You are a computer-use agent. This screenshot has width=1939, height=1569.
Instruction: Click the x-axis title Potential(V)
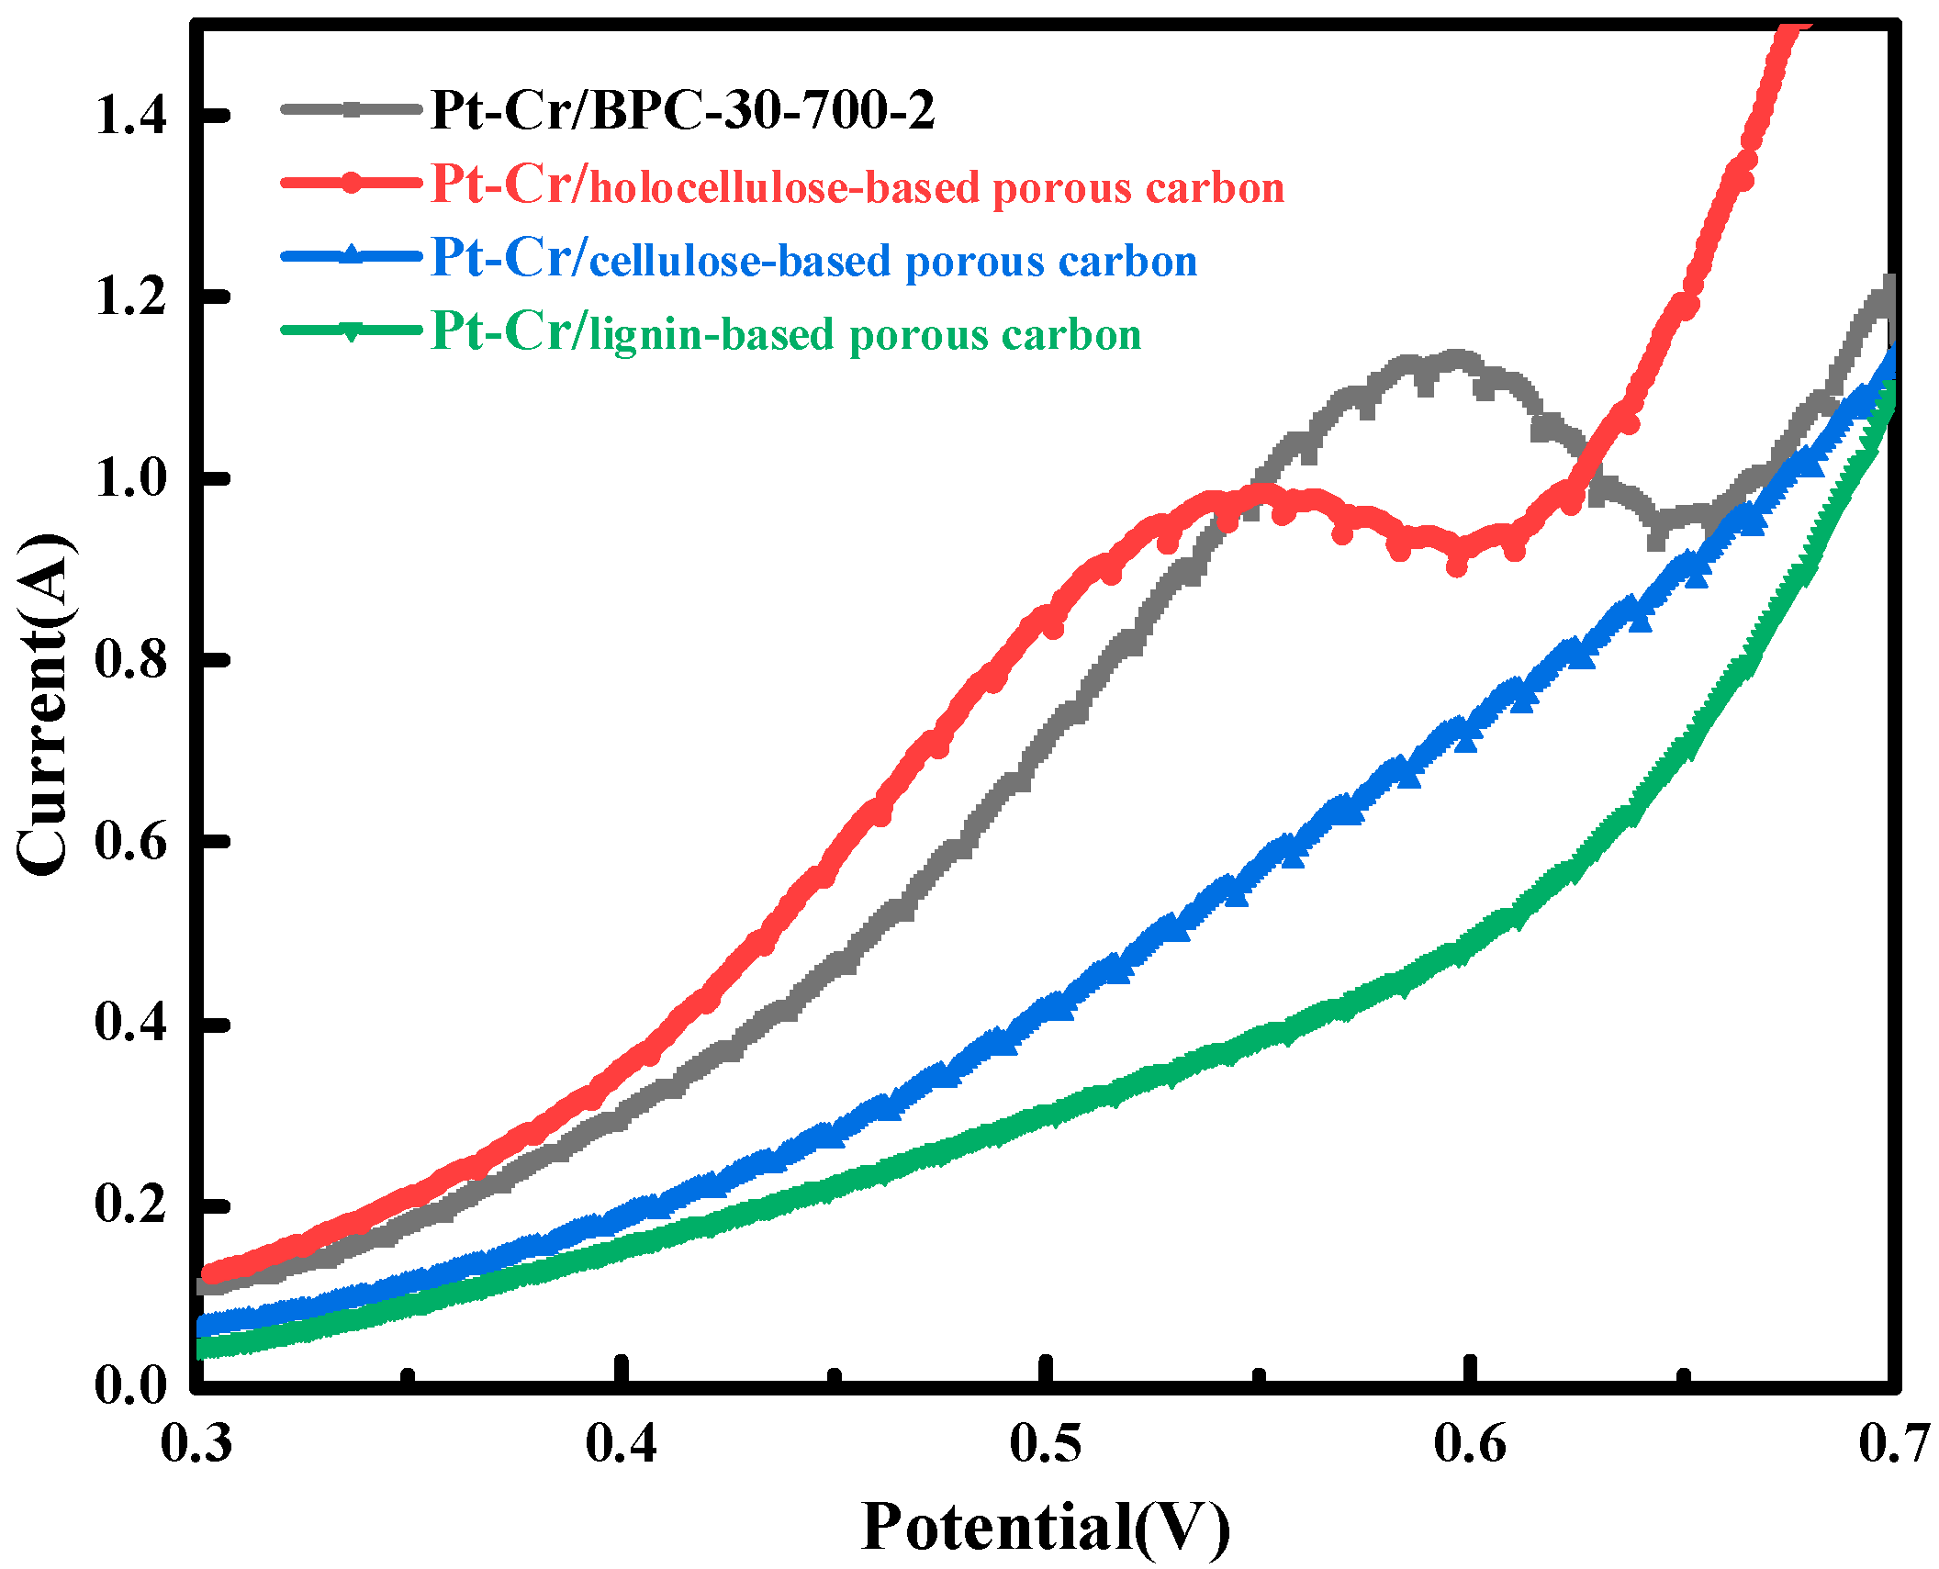[1045, 1527]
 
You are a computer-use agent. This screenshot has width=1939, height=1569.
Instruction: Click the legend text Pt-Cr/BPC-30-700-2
[682, 110]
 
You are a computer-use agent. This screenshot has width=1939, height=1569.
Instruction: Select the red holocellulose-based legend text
[857, 185]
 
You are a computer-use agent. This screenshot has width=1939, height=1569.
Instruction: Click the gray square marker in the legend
[351, 108]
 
